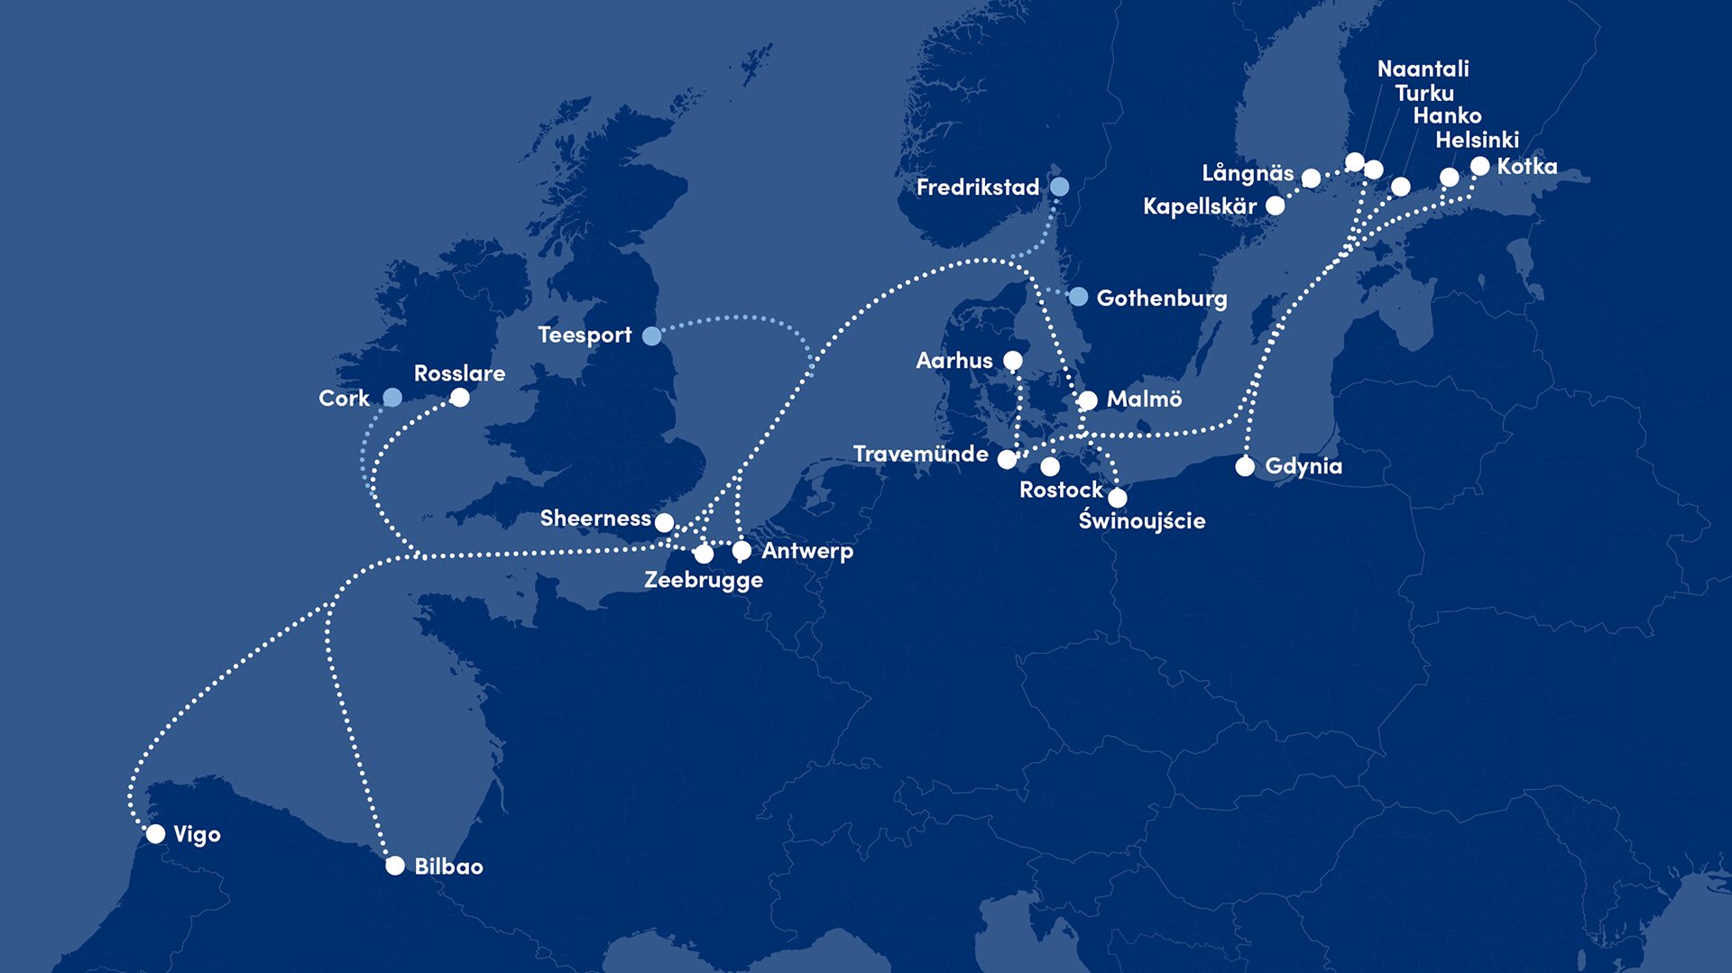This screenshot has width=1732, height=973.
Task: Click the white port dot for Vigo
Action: [x=155, y=833]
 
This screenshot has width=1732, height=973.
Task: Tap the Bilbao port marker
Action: [x=395, y=866]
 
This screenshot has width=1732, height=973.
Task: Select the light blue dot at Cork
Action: [x=392, y=398]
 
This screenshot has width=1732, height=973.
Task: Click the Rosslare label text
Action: [x=459, y=373]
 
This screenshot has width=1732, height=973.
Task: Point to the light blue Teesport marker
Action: [x=651, y=335]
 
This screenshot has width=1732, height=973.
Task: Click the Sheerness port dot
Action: [x=664, y=522]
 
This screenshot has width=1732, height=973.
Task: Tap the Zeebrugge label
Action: [x=704, y=580]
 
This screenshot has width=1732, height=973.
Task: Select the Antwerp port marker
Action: [x=742, y=550]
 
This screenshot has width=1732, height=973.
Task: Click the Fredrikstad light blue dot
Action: [x=1060, y=187]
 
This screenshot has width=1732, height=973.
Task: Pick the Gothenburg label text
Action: [x=1161, y=298]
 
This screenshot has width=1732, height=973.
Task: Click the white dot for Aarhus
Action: [x=1013, y=361]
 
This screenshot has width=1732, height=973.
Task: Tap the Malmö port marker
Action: [x=1088, y=399]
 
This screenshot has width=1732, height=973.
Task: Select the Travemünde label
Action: [x=920, y=454]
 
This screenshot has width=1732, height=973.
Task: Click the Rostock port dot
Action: [x=1050, y=466]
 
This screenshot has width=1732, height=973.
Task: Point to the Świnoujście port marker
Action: [x=1118, y=497]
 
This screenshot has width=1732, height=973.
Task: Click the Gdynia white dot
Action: [x=1245, y=466]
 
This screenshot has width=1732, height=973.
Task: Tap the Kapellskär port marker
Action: [x=1275, y=206]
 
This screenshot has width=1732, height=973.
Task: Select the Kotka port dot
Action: [x=1479, y=166]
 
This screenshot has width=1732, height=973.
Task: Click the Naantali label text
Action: [x=1423, y=69]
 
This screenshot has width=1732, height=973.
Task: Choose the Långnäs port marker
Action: [x=1311, y=179]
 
